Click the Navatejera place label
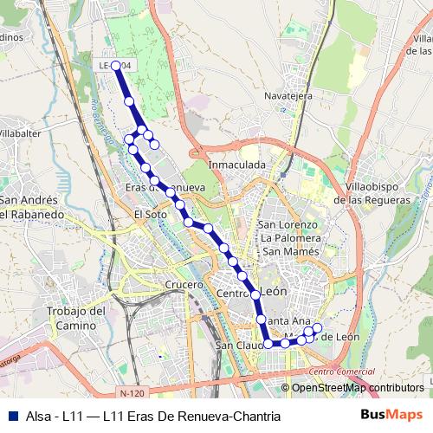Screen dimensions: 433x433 tap(288, 96)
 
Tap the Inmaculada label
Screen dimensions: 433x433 tap(236, 164)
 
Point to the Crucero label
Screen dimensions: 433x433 tap(183, 284)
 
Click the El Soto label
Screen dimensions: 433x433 tap(150, 213)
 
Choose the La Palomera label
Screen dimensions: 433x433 tap(290, 238)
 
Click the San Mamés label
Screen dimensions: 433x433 tap(290, 251)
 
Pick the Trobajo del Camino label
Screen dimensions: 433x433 tap(75, 318)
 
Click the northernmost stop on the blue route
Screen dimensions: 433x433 tap(116, 65)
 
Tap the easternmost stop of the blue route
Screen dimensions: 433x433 tap(317, 327)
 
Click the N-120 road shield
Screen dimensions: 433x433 tap(132, 392)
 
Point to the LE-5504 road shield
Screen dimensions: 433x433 tap(115, 64)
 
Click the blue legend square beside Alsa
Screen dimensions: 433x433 tap(12, 416)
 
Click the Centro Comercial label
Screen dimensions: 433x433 tap(335, 372)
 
